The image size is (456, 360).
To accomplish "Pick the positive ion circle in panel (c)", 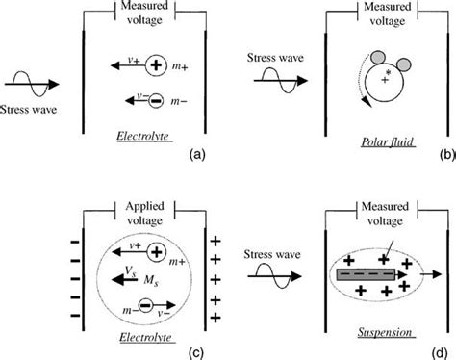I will (159, 253).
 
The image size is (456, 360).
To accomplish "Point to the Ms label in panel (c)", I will (150, 280).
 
